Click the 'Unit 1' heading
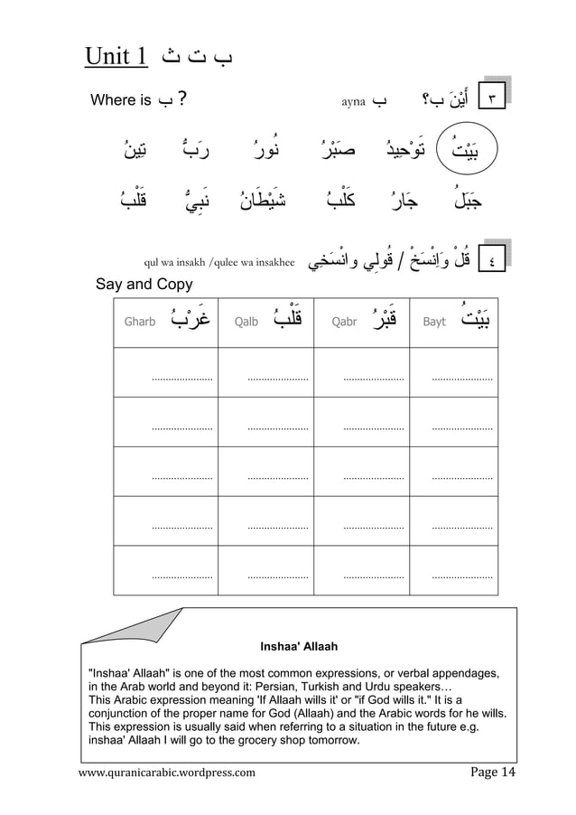tap(116, 56)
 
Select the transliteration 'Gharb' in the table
tap(140, 321)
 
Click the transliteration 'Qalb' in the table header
tap(246, 321)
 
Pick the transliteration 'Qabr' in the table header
tap(344, 321)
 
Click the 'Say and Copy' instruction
tap(144, 285)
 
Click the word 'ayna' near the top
tap(353, 101)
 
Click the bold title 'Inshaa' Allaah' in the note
tap(299, 647)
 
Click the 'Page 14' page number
tap(493, 772)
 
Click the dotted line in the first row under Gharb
tap(181, 377)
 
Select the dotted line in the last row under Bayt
tap(462, 576)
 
